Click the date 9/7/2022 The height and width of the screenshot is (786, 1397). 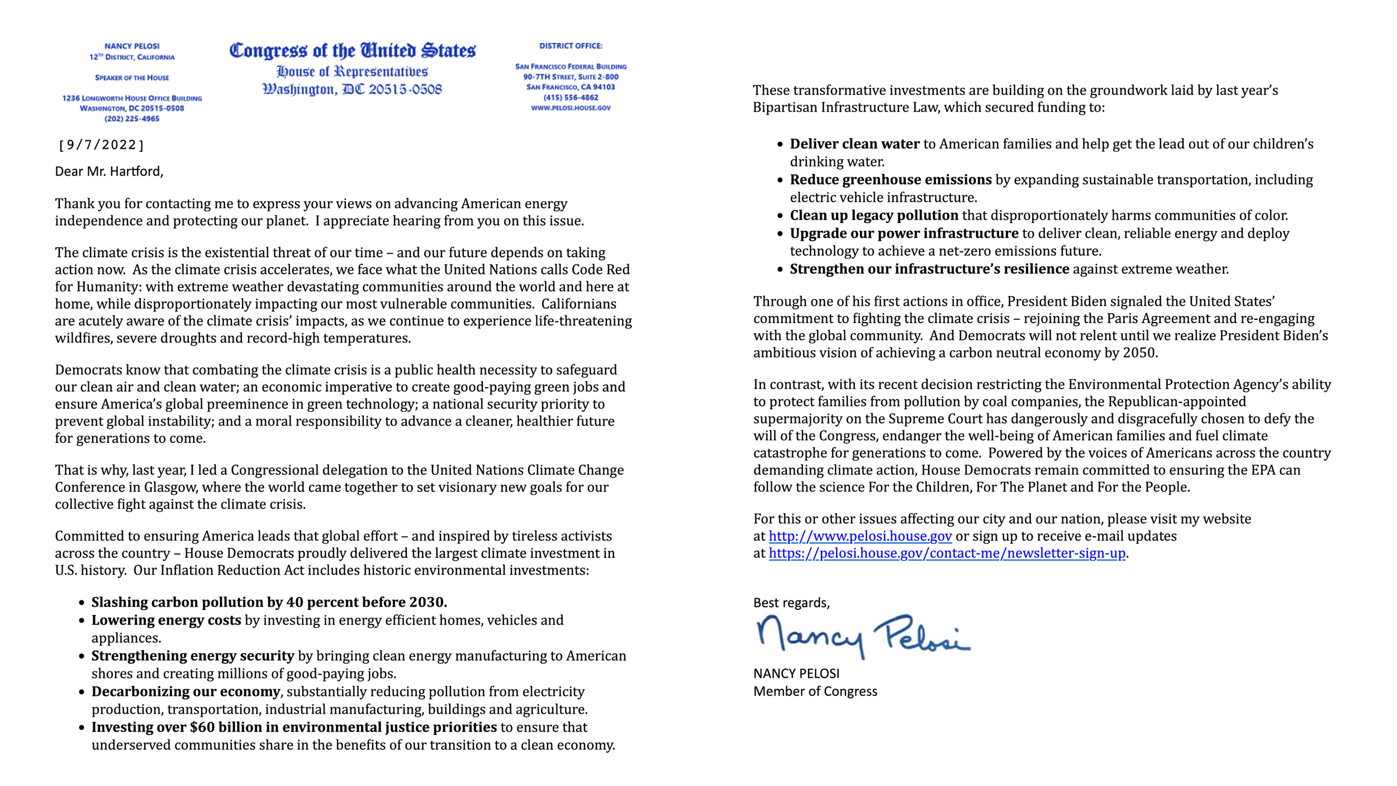(x=101, y=145)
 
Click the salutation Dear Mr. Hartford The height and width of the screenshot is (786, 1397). (x=109, y=172)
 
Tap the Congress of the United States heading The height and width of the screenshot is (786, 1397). (x=352, y=51)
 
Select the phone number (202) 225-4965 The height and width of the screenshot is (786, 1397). (x=132, y=119)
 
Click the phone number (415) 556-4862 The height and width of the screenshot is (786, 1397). (x=571, y=97)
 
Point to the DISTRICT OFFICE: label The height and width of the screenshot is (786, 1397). (x=571, y=46)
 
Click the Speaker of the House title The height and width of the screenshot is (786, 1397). (x=132, y=78)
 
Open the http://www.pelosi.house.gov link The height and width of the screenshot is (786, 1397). (x=860, y=536)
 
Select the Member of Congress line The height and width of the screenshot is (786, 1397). (x=815, y=692)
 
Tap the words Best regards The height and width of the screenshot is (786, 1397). (x=791, y=603)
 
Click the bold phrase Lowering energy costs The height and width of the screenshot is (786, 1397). (x=166, y=621)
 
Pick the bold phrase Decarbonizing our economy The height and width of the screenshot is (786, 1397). (x=186, y=692)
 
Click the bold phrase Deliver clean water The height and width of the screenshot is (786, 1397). (x=854, y=144)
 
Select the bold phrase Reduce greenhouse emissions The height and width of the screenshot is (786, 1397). (x=890, y=180)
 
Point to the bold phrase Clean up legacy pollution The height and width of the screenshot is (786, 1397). (x=873, y=216)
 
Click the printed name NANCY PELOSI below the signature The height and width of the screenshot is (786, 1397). (x=796, y=674)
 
